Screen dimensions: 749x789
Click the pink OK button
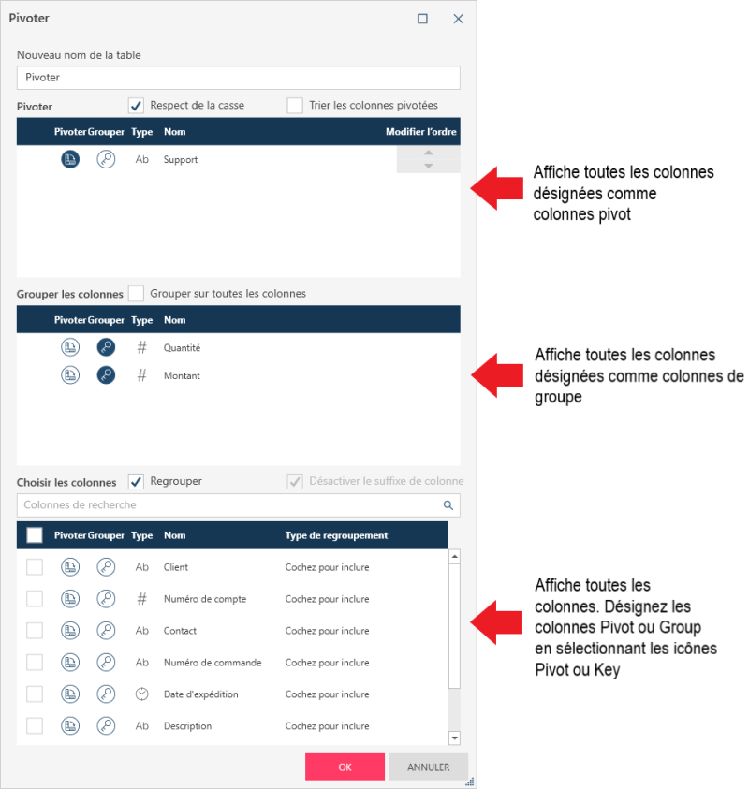tap(345, 767)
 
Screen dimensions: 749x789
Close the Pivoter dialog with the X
tap(458, 19)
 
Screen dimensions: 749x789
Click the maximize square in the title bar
tap(423, 19)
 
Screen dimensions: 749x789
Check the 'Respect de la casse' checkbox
tap(136, 106)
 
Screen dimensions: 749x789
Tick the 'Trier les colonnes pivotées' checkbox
tap(295, 106)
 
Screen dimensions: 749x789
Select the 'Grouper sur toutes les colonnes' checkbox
tap(136, 293)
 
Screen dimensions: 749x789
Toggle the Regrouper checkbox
tap(136, 481)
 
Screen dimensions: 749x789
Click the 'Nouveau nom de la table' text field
tap(239, 78)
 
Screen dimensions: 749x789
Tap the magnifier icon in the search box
tap(448, 504)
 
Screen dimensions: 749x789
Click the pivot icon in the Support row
tap(70, 159)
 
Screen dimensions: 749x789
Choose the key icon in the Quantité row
tap(106, 347)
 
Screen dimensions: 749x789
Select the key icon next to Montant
tap(106, 375)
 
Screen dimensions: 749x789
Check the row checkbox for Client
tap(35, 567)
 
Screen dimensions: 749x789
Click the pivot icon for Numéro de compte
tap(70, 599)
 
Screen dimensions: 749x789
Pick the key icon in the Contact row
tap(106, 631)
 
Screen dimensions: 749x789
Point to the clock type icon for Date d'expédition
tap(142, 694)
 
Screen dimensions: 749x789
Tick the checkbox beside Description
tap(35, 725)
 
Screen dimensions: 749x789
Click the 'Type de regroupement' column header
tap(336, 535)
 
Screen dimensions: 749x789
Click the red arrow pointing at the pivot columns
tap(497, 188)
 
